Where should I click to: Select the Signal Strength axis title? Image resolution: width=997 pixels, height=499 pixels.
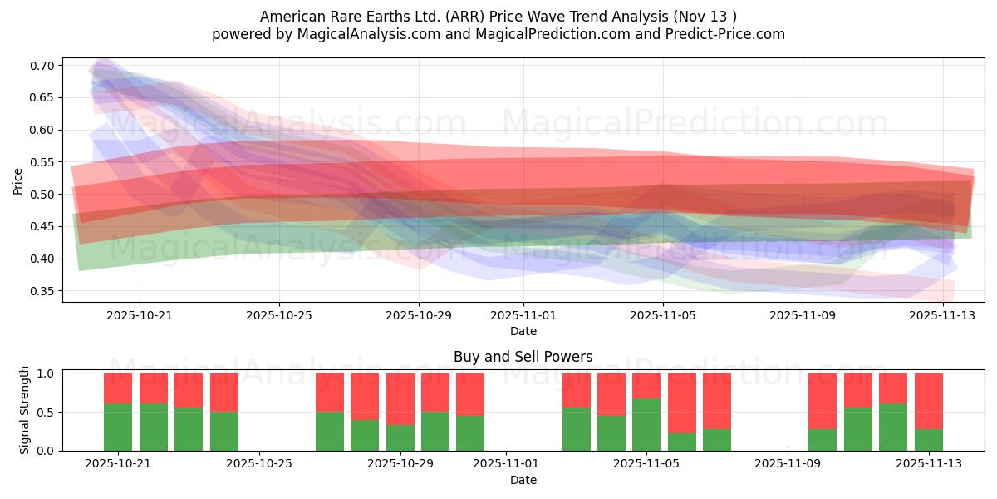coord(25,410)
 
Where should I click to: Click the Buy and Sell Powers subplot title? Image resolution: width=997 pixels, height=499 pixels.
coord(523,357)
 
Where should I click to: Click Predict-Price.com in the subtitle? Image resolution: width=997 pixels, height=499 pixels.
coord(723,34)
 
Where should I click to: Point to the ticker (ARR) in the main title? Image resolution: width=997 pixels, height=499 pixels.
coord(455,17)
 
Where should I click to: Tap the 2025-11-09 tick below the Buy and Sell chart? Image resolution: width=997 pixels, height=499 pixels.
coord(786,464)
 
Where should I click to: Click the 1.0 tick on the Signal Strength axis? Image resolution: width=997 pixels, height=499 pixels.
coord(46,373)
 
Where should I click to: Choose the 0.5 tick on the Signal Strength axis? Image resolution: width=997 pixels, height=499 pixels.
coord(46,412)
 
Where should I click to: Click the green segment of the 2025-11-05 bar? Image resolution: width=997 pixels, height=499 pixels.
coord(646,424)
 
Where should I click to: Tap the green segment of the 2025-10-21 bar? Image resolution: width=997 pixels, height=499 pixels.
coord(118,427)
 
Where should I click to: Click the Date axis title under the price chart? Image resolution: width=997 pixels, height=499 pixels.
coord(523,331)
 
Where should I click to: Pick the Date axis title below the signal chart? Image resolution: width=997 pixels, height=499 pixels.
coord(523,480)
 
